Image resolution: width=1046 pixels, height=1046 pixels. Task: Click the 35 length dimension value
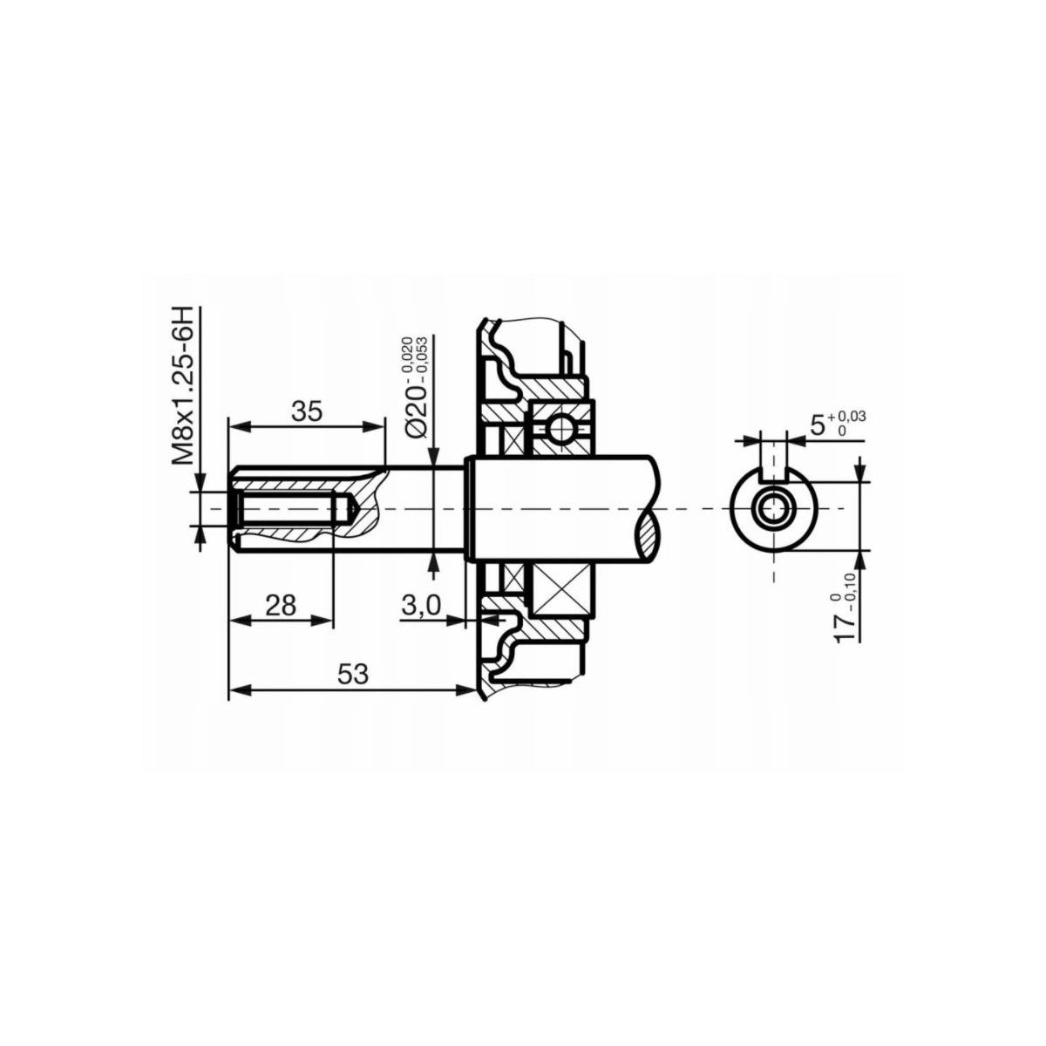click(x=307, y=410)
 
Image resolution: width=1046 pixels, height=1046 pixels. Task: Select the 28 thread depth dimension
click(x=281, y=604)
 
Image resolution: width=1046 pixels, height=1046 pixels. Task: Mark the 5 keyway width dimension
click(x=818, y=425)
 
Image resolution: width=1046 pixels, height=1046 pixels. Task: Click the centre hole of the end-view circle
click(x=772, y=507)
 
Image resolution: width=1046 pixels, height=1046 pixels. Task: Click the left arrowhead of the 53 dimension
click(x=234, y=689)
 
